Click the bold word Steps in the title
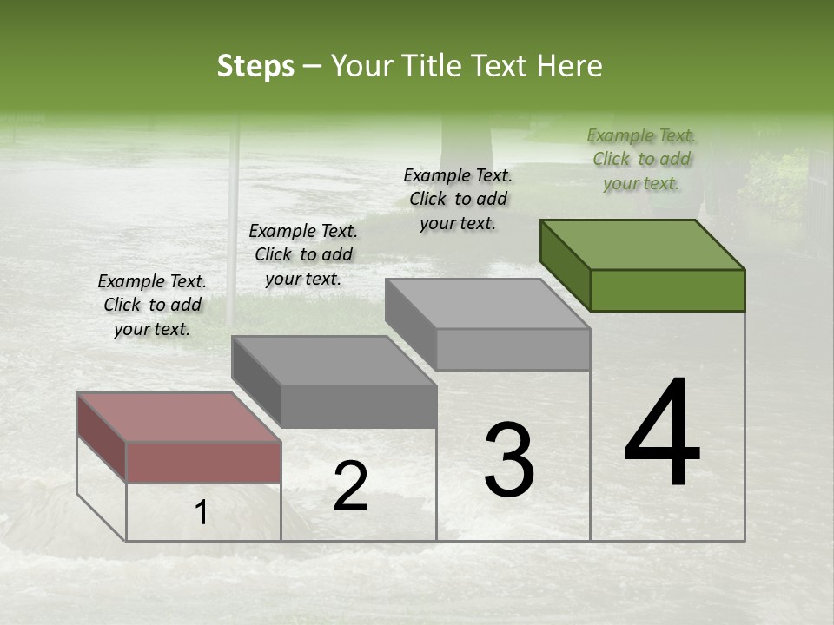point(255,66)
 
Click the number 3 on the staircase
point(509,460)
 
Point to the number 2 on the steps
point(350,486)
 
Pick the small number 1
point(202,513)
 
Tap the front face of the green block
point(667,290)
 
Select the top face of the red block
point(178,418)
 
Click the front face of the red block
point(203,462)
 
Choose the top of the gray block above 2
point(334,360)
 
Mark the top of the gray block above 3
point(487,304)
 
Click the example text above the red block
point(152,305)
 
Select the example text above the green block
point(641,159)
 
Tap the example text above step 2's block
point(303,254)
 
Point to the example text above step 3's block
point(458,199)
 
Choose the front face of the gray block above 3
point(513,350)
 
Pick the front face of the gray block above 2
point(358,406)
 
